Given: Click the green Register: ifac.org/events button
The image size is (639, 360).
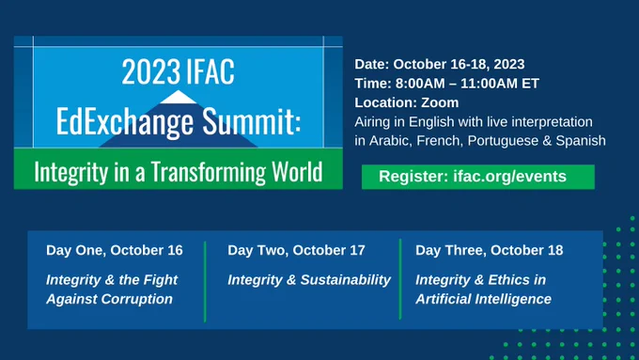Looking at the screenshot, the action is (478, 177).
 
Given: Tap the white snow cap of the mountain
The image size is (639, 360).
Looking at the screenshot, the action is (179, 98).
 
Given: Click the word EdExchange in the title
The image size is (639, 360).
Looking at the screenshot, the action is (125, 121).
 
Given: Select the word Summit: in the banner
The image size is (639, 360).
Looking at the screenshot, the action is (252, 120).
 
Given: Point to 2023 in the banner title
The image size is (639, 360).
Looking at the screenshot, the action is (150, 71).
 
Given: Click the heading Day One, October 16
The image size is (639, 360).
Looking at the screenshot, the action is (115, 250).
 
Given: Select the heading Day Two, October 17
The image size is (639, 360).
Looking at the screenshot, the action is (296, 250).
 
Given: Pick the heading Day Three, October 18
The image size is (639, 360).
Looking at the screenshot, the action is (489, 250).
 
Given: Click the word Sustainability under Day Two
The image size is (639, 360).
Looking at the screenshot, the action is (346, 280).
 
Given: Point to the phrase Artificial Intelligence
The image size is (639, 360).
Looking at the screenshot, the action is (483, 299).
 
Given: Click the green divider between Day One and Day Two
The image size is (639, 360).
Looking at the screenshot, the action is (205, 281).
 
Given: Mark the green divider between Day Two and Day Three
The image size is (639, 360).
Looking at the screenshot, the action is (400, 279).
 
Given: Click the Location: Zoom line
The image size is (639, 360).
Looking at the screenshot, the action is (406, 102).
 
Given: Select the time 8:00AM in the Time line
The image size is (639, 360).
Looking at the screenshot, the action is (422, 83).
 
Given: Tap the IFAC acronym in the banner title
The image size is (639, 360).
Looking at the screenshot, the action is (210, 71).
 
